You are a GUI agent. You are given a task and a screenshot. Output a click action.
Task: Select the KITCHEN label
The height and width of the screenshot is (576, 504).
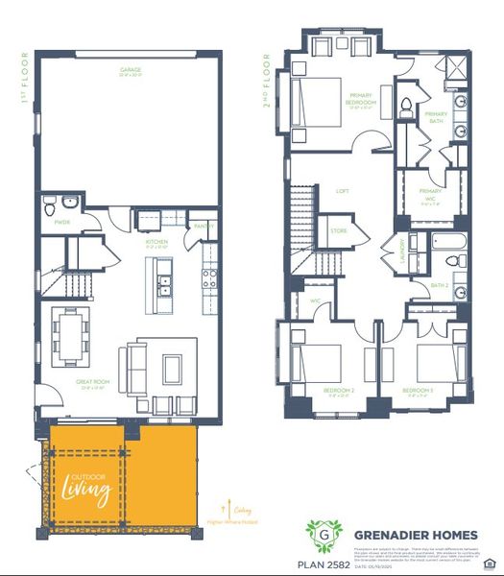click(x=156, y=242)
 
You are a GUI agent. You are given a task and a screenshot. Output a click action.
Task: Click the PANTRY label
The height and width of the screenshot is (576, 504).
click(x=204, y=227)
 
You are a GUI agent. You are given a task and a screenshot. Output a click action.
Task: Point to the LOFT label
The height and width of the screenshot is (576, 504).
click(x=343, y=191)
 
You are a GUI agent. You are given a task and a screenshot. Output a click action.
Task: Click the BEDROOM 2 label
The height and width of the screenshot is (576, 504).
click(x=339, y=391)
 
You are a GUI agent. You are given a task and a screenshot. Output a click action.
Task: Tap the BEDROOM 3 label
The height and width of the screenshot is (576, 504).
click(x=418, y=391)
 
